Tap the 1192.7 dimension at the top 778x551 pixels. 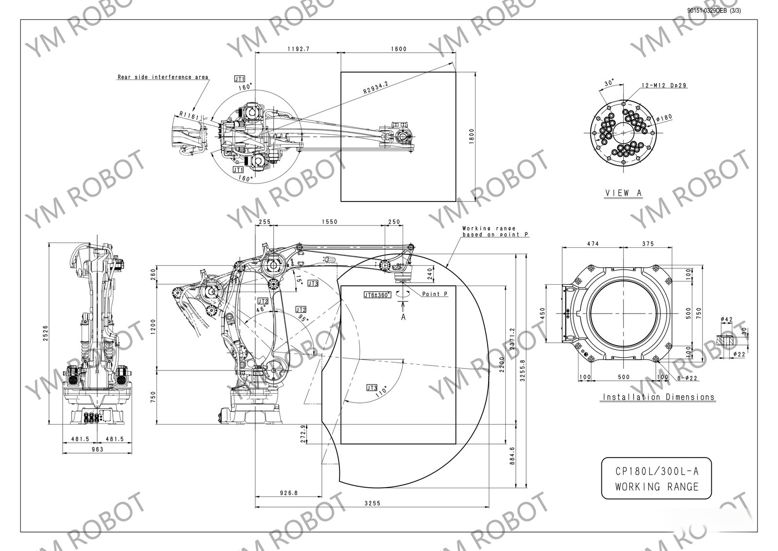coord(298,49)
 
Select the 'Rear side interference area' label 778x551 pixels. coord(163,77)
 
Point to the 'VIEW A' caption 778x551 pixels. coord(623,193)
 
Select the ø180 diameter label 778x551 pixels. coord(664,117)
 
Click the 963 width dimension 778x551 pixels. coord(97,449)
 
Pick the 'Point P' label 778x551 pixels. coord(435,294)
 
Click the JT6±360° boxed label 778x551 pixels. coord(377,295)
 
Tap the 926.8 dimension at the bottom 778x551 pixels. coord(288,493)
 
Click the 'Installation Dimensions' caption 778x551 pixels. coord(659,397)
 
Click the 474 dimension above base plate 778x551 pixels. coord(592,244)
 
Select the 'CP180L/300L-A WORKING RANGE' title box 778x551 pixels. coord(656,478)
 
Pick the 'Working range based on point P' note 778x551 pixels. coord(495,231)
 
